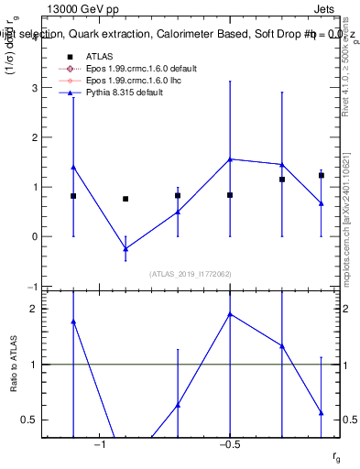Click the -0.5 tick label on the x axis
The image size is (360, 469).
pos(229,445)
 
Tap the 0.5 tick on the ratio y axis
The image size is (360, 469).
pos(40,420)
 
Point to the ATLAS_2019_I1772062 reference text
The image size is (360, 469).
pos(191,274)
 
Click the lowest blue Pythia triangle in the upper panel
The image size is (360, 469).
pos(125,248)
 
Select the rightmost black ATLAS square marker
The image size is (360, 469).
pos(322,175)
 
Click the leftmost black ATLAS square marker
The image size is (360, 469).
pos(73,196)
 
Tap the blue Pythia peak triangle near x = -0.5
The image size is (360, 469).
pos(230,159)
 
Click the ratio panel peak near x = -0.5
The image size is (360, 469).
pos(230,314)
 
